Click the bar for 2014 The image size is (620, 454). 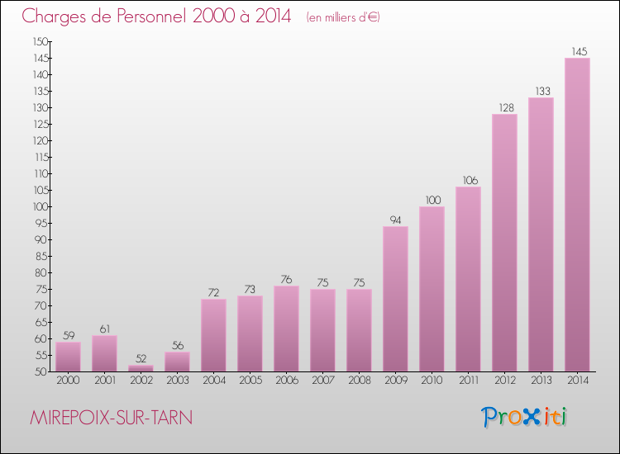pyautogui.click(x=577, y=215)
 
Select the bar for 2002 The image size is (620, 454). pyautogui.click(x=141, y=368)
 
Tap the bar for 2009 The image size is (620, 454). pyautogui.click(x=395, y=299)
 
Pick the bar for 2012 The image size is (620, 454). pyautogui.click(x=504, y=243)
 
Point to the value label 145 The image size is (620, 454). pyautogui.click(x=578, y=51)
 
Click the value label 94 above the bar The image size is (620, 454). pyautogui.click(x=395, y=220)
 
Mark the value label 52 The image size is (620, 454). pyautogui.click(x=141, y=358)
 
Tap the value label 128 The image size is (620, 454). pyautogui.click(x=504, y=107)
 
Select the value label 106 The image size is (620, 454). pyautogui.click(x=468, y=180)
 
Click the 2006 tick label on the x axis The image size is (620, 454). pyautogui.click(x=286, y=381)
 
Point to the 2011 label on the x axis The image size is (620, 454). pyautogui.click(x=468, y=381)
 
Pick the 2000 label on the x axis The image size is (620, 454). pyautogui.click(x=68, y=381)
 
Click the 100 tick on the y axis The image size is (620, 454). pyautogui.click(x=41, y=206)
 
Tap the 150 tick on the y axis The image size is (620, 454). pyautogui.click(x=41, y=41)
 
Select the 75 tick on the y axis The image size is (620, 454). pyautogui.click(x=41, y=289)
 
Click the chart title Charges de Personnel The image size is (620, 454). pyautogui.click(x=157, y=16)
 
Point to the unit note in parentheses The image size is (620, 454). pyautogui.click(x=343, y=17)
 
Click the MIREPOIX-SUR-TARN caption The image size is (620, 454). pyautogui.click(x=111, y=418)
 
